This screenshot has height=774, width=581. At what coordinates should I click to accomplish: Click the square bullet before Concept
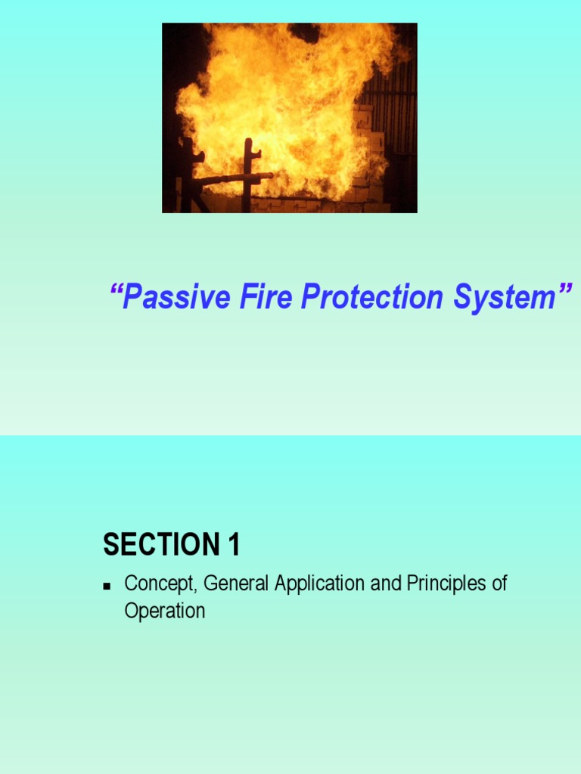click(x=107, y=586)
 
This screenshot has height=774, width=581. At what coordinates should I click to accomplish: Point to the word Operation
click(x=164, y=611)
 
